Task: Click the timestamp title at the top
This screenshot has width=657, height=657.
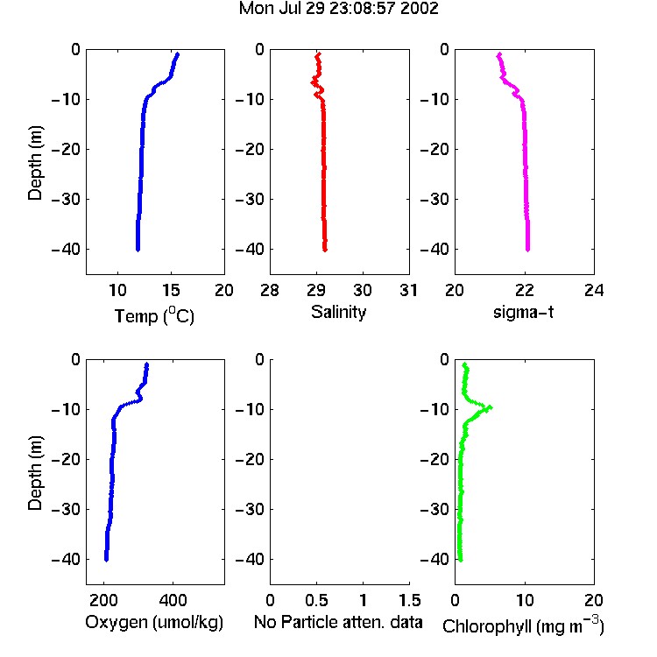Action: [338, 9]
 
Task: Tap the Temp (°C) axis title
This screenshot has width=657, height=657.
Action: [154, 315]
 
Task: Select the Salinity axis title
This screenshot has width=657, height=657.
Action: [338, 312]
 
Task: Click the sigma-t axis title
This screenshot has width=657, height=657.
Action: [523, 312]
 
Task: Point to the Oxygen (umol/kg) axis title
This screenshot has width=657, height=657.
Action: [154, 622]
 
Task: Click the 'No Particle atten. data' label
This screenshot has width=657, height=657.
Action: [338, 622]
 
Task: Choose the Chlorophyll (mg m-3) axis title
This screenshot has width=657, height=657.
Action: [523, 625]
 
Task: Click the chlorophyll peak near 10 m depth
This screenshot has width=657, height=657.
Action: [491, 406]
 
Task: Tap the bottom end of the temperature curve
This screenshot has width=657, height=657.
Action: [138, 250]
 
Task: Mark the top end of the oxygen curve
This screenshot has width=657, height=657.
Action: [146, 364]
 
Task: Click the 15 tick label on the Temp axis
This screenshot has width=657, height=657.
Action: [171, 290]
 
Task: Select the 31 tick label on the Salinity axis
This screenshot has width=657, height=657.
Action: [409, 290]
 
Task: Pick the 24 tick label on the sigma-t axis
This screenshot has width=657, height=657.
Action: [594, 290]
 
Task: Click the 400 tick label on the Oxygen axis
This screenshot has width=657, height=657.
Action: [173, 600]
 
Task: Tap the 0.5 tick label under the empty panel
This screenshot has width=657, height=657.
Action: [317, 600]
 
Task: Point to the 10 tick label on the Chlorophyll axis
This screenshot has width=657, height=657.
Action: [525, 600]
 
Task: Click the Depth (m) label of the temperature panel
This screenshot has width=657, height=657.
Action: [35, 163]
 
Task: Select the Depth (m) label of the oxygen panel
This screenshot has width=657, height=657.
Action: [35, 473]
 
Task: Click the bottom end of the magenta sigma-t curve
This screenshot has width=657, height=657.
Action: [528, 250]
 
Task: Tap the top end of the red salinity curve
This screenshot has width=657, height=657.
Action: [319, 54]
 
